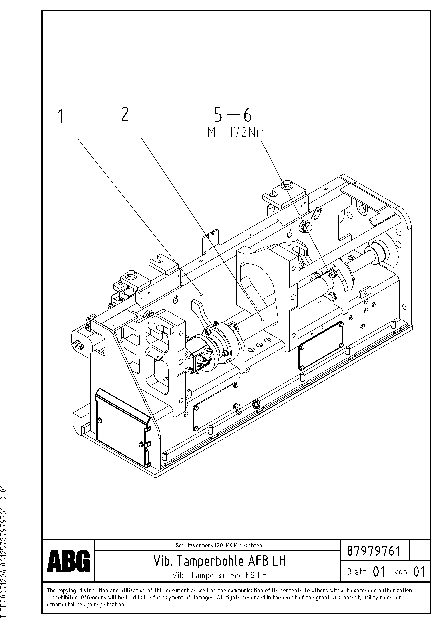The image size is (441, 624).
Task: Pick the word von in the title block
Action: point(400,572)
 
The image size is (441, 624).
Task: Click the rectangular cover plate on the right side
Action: point(321,345)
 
